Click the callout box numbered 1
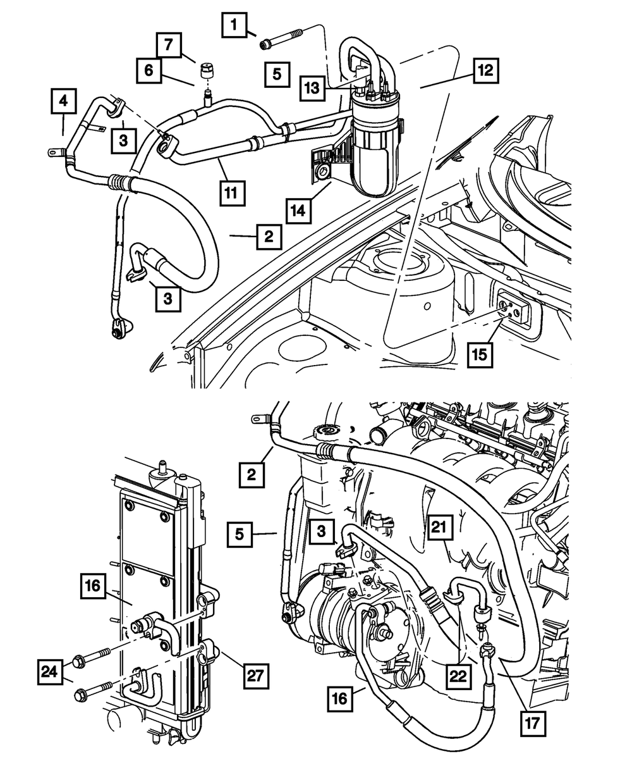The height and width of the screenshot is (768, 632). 234,27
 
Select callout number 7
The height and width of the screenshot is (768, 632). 168,46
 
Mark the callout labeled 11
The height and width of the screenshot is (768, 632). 233,191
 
